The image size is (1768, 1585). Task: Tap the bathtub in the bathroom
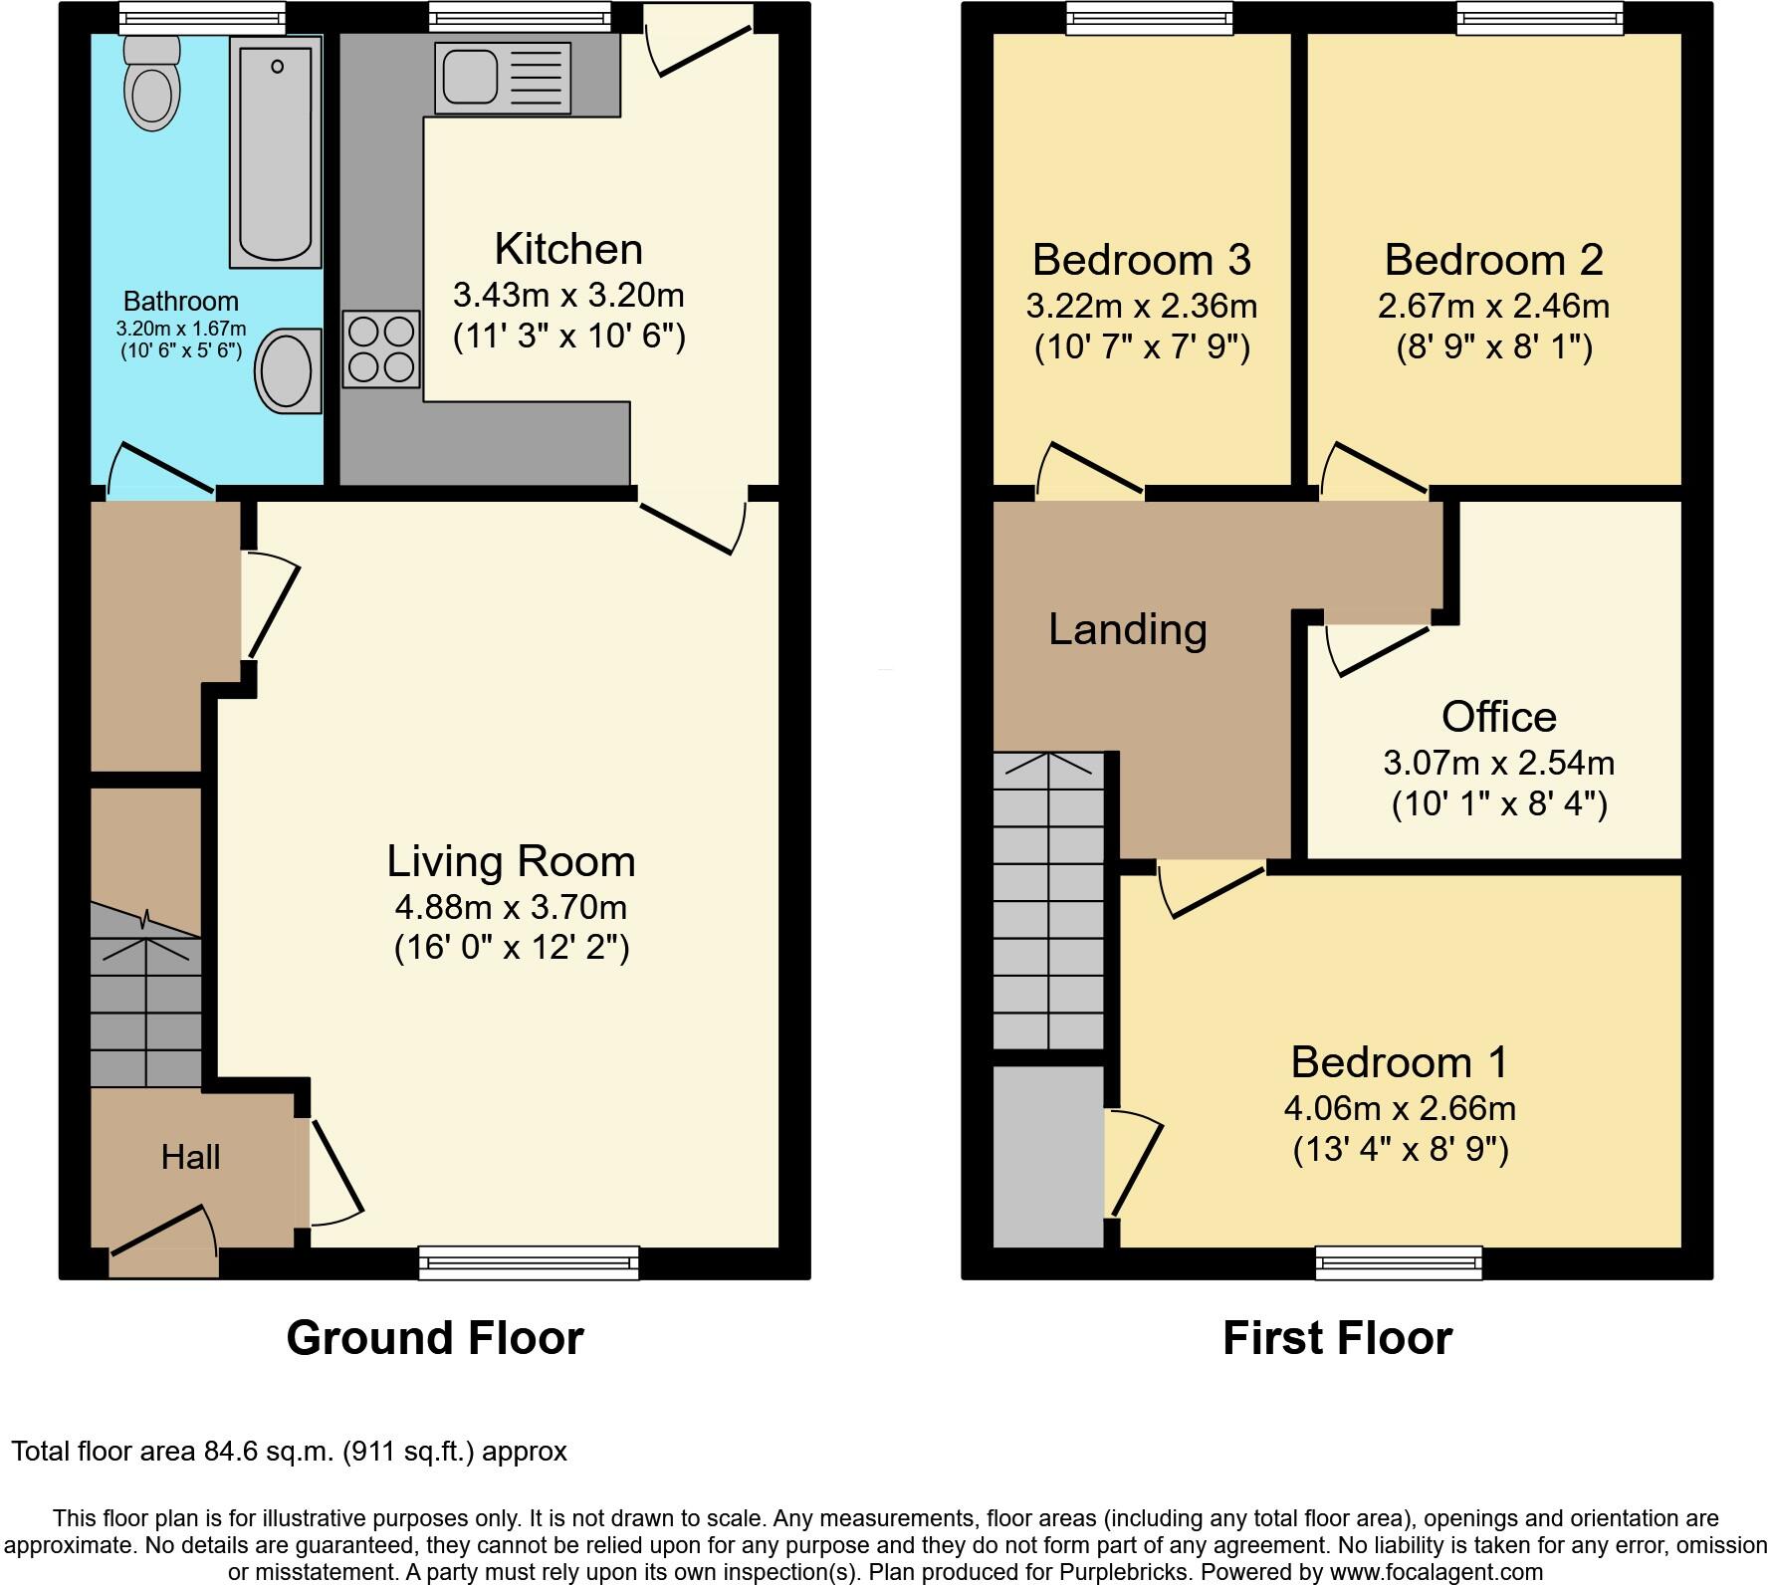click(x=276, y=151)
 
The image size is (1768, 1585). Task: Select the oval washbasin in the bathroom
click(x=289, y=370)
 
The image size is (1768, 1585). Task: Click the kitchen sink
click(x=503, y=78)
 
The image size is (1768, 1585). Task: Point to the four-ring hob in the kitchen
click(x=381, y=348)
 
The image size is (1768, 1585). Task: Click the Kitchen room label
click(x=568, y=249)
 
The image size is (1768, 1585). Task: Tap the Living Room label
click(x=511, y=861)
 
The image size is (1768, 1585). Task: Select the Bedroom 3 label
click(x=1141, y=260)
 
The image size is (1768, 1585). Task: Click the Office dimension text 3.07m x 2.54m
click(x=1498, y=763)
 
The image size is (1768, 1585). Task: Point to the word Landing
click(x=1128, y=629)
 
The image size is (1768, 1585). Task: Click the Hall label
click(x=190, y=1157)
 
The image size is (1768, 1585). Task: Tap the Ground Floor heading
click(x=435, y=1338)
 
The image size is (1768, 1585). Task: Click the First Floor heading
click(x=1337, y=1338)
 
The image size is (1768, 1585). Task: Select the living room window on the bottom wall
click(x=529, y=1262)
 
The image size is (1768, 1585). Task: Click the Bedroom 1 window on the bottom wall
click(x=1399, y=1262)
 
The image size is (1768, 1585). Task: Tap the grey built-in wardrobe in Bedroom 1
click(x=1048, y=1156)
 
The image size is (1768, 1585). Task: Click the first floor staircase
click(x=1048, y=901)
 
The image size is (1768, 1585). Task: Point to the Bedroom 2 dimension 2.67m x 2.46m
click(x=1493, y=306)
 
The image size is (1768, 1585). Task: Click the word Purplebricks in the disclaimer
click(x=1129, y=1573)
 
